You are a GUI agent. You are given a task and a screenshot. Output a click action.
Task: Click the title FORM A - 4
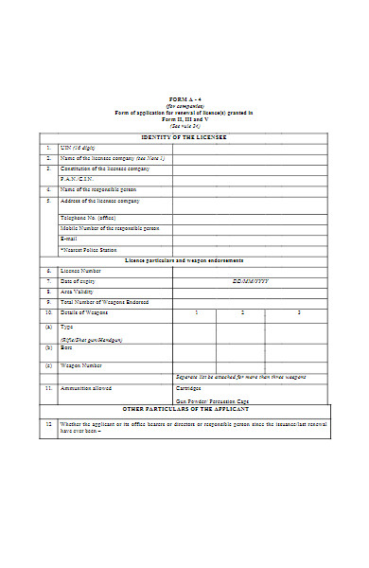pyautogui.click(x=184, y=99)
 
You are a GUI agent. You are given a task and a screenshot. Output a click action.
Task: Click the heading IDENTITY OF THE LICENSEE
pyautogui.click(x=184, y=137)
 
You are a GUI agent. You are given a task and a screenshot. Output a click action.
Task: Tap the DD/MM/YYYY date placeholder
pyautogui.click(x=251, y=281)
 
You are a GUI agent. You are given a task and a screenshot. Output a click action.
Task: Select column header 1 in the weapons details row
pyautogui.click(x=197, y=312)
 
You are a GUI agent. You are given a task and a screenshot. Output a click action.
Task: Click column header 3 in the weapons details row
pyautogui.click(x=299, y=312)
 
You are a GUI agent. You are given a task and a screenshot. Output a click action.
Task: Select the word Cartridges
pyautogui.click(x=188, y=387)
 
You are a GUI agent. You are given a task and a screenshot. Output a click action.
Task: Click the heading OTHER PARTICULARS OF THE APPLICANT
pyautogui.click(x=184, y=412)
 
